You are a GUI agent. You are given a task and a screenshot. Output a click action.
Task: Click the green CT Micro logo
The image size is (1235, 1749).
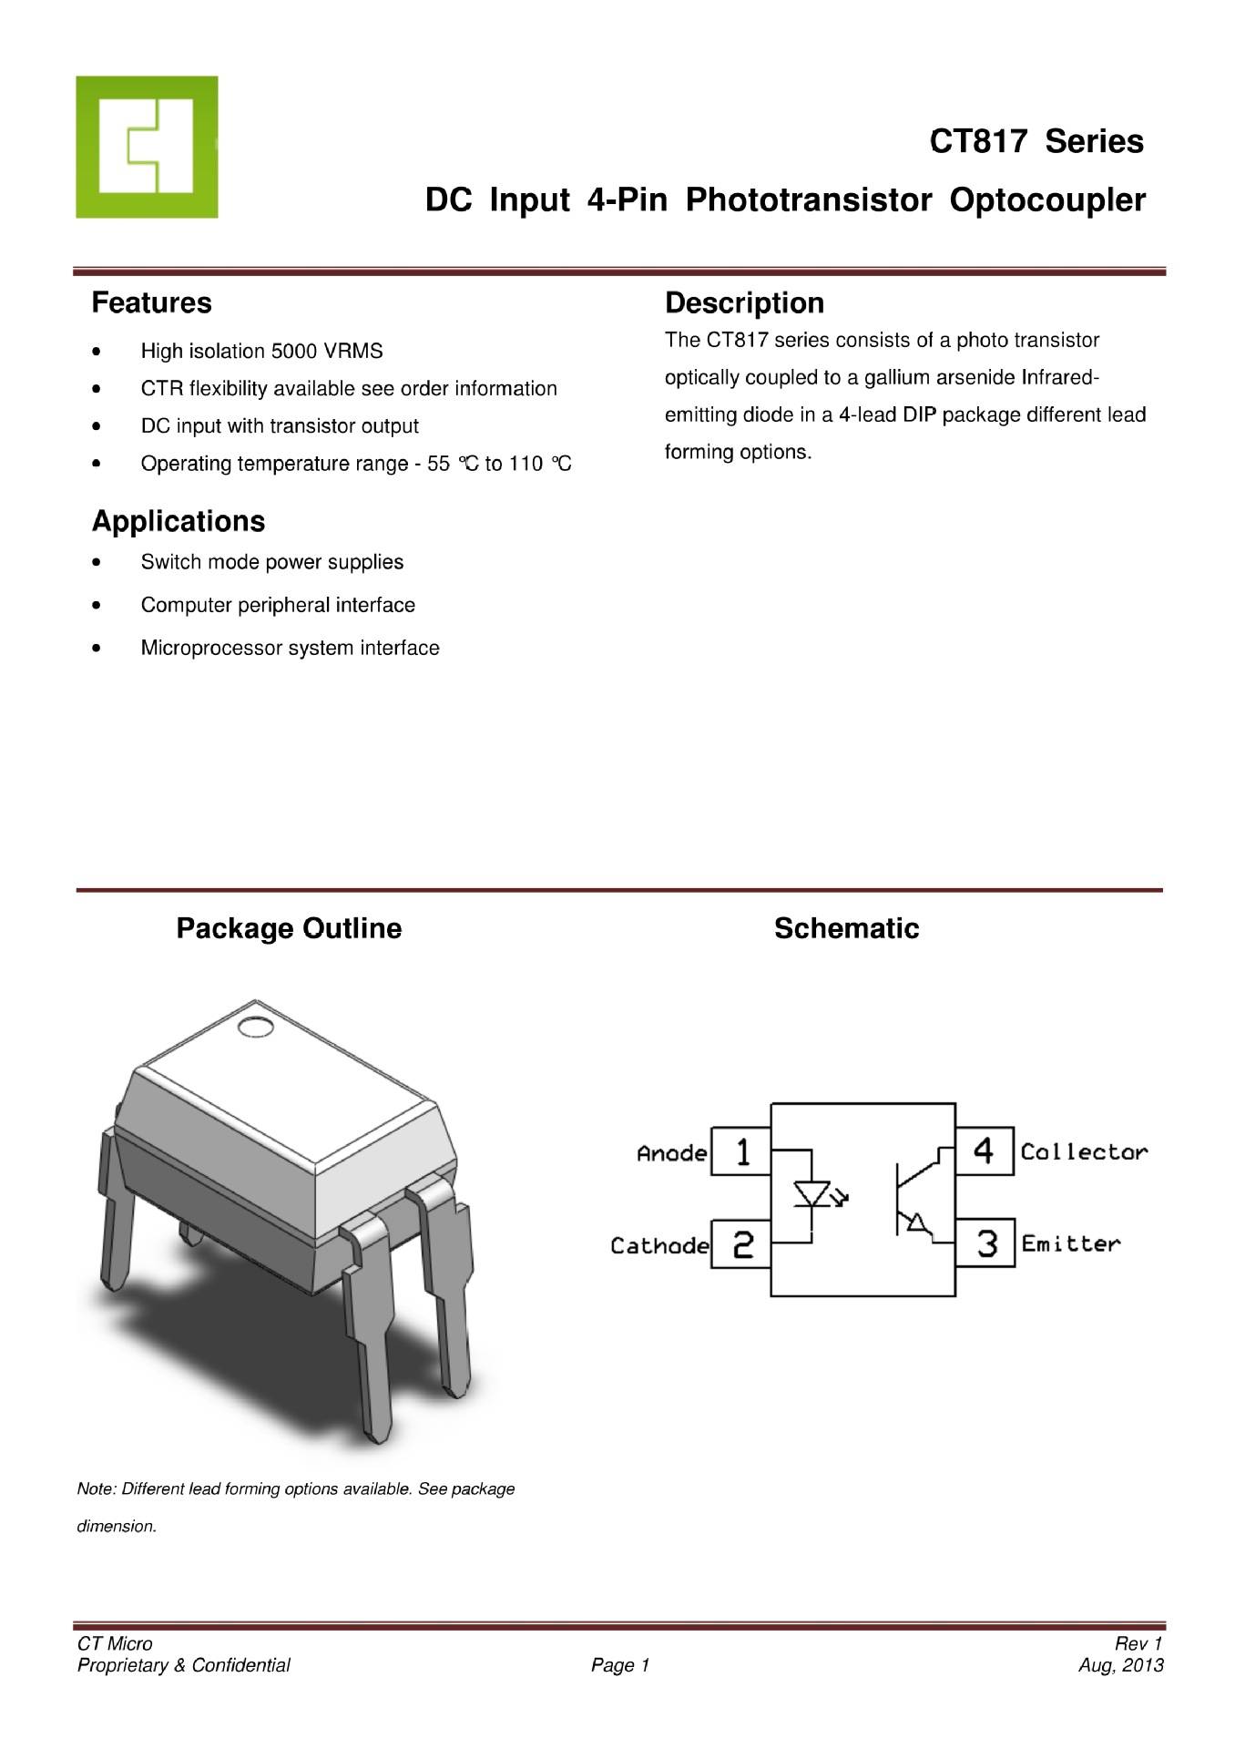pyautogui.click(x=147, y=147)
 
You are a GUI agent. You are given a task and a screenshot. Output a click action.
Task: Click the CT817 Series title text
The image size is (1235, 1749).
pyautogui.click(x=1036, y=142)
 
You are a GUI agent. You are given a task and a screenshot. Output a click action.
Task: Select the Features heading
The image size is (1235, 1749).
pyautogui.click(x=151, y=302)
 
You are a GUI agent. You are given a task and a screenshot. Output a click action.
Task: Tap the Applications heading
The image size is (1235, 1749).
pyautogui.click(x=179, y=521)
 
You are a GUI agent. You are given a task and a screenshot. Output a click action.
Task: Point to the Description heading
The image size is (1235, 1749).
pyautogui.click(x=744, y=302)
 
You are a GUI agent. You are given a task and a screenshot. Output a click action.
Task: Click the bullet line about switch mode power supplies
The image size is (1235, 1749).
pyautogui.click(x=271, y=562)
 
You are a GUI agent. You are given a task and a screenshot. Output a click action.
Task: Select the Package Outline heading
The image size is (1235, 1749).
pyautogui.click(x=289, y=928)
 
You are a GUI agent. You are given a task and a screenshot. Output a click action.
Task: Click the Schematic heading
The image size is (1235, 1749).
pyautogui.click(x=846, y=928)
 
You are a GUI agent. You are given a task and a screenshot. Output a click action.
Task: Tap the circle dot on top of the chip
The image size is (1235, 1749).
pyautogui.click(x=255, y=1028)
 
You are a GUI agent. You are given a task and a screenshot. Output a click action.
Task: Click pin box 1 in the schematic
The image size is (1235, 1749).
pyautogui.click(x=740, y=1151)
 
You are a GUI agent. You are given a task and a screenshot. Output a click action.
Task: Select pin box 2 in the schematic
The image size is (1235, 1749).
pyautogui.click(x=740, y=1244)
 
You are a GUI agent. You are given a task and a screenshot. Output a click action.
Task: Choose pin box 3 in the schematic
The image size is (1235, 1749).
pyautogui.click(x=985, y=1243)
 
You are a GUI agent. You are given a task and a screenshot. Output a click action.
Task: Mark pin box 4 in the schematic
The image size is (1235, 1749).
pyautogui.click(x=985, y=1151)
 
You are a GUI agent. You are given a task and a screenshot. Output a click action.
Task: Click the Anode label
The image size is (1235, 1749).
pyautogui.click(x=671, y=1154)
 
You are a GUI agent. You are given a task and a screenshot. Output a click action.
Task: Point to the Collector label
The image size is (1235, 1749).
pyautogui.click(x=1084, y=1152)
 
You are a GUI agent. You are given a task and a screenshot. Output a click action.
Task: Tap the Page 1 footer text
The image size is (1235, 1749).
pyautogui.click(x=619, y=1665)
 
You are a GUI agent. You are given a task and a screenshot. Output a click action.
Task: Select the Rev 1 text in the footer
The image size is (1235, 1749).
pyautogui.click(x=1138, y=1643)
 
